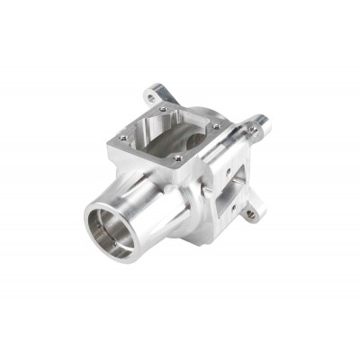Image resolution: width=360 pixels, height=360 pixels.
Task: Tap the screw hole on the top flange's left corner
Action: [x=123, y=138]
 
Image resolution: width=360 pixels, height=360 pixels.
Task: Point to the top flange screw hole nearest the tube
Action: [x=176, y=160]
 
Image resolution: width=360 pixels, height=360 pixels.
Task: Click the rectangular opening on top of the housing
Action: [x=167, y=134]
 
